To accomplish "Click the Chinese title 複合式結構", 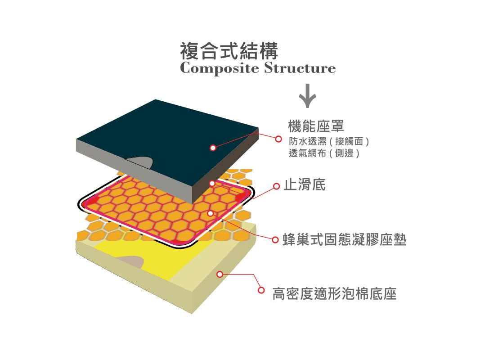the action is click(x=229, y=51).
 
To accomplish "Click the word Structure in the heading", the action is click(x=300, y=67).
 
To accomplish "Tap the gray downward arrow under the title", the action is click(x=307, y=96).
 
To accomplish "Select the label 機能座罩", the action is click(x=316, y=126).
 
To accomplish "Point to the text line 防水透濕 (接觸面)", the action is click(x=329, y=141).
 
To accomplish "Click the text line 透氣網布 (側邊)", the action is click(x=324, y=153).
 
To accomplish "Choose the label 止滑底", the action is click(x=305, y=184).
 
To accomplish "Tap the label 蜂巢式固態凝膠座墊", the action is click(x=345, y=239).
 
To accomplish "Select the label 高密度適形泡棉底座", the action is click(x=334, y=293).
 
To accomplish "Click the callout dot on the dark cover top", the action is click(x=213, y=148).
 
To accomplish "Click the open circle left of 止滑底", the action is click(x=276, y=186).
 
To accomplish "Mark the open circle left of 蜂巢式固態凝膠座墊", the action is click(x=275, y=239).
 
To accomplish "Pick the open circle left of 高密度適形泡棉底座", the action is click(x=261, y=290).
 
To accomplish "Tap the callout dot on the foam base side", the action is click(x=220, y=274).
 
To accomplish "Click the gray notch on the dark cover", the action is click(x=139, y=162).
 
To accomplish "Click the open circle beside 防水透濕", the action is click(x=278, y=139).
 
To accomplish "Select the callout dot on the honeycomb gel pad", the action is click(x=210, y=213).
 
